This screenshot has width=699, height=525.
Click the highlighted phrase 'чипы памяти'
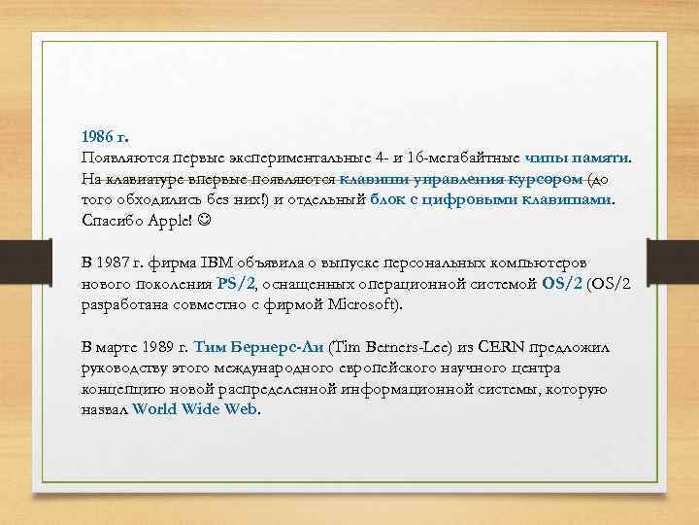[x=577, y=158]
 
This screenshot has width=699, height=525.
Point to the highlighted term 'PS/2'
[x=235, y=284]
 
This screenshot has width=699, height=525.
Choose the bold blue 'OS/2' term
[x=562, y=284]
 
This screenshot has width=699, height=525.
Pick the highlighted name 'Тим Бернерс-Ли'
[x=258, y=347]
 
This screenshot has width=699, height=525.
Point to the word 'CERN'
[x=482, y=347]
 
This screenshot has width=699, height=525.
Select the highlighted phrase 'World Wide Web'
[x=195, y=410]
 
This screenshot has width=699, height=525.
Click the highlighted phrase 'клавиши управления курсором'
[x=462, y=179]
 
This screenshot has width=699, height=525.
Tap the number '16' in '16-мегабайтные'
[x=416, y=158]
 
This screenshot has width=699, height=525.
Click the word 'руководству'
[x=124, y=368]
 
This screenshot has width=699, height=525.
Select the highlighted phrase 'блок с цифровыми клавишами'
[x=493, y=200]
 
